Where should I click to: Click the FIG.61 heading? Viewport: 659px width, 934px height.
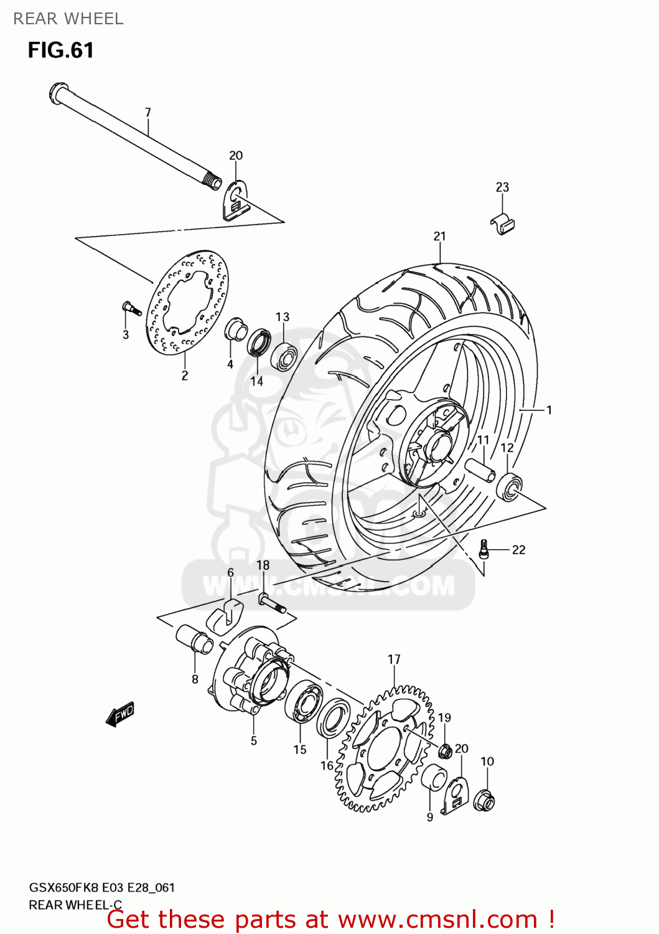[60, 50]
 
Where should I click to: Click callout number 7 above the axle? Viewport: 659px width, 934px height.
[147, 113]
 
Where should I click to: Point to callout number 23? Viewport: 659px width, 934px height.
[502, 187]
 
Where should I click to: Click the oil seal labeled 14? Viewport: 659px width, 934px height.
[259, 344]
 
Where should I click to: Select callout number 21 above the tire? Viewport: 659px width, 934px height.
[439, 236]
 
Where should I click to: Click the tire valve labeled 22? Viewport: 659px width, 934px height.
[484, 550]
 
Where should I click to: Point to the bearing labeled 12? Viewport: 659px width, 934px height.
[509, 486]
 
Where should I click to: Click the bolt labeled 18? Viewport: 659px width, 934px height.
[271, 602]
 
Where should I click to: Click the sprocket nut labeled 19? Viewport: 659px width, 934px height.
[445, 752]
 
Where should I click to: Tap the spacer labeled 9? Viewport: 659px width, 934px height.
[434, 779]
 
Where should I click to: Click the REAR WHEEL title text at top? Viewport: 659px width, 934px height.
[68, 19]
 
